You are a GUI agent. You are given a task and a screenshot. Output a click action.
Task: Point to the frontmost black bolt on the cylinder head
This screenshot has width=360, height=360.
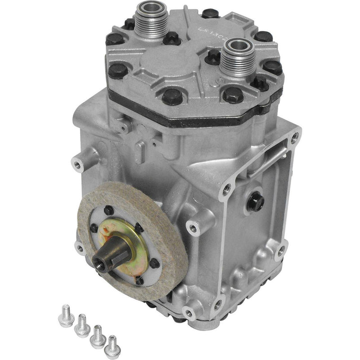pyautogui.click(x=171, y=95)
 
